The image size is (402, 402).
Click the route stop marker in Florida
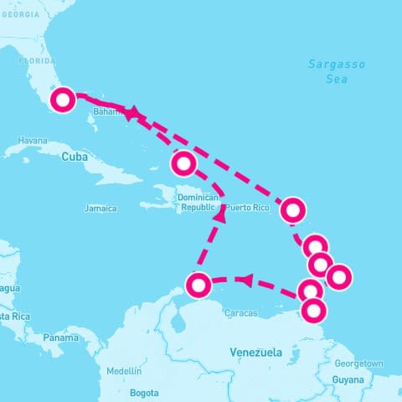[63, 100]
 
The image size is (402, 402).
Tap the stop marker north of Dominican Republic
[183, 162]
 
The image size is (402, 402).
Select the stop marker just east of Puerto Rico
[292, 209]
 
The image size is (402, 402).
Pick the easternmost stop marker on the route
[338, 276]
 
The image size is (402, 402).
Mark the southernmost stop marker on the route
[313, 311]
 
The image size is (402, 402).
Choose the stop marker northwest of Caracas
[198, 285]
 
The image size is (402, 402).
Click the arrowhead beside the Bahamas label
[131, 113]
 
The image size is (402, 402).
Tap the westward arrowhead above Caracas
[246, 279]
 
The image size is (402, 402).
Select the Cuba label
[75, 157]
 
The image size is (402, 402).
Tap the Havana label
[33, 141]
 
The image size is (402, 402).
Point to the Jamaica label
[100, 208]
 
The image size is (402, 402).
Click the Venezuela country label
[255, 353]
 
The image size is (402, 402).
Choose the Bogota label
[144, 392]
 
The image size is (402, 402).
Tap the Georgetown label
[358, 363]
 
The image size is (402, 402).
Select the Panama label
[61, 338]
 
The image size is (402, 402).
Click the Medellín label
[124, 370]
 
